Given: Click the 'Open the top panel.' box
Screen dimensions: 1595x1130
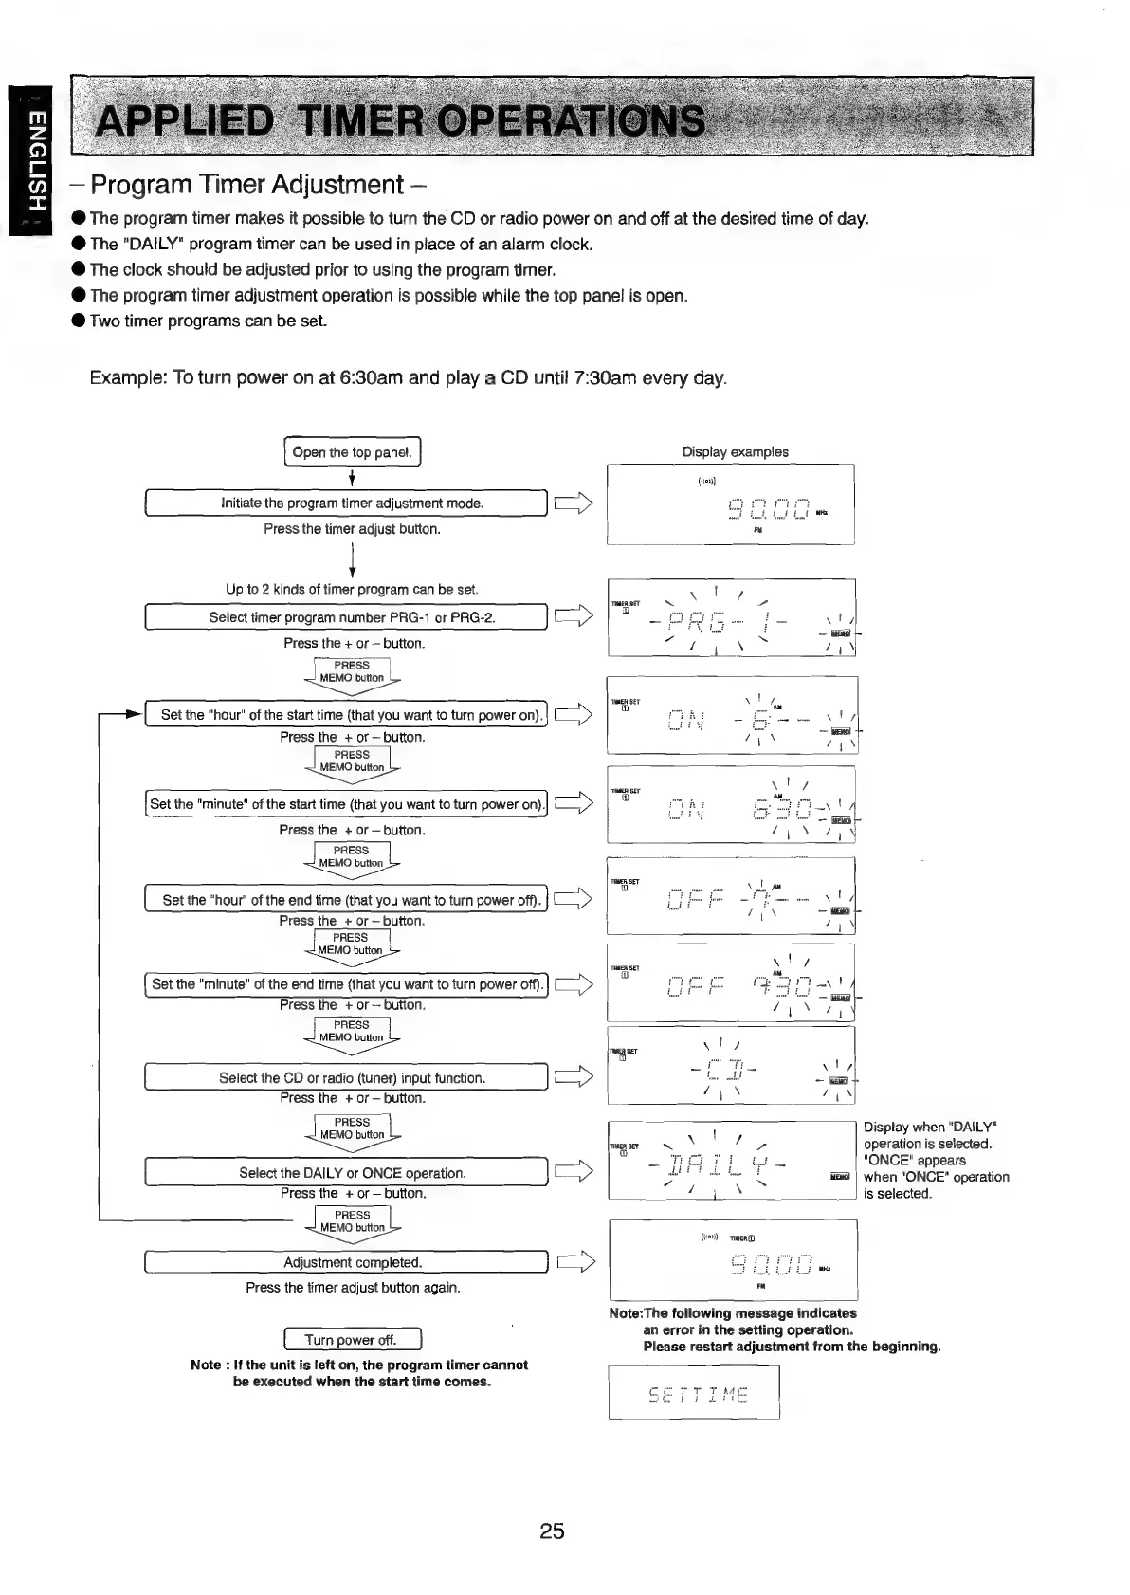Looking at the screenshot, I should coord(352,452).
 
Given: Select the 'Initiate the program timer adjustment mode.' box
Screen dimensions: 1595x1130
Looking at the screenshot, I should coord(347,504).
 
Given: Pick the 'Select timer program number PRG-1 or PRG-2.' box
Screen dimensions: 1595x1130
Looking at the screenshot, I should coord(347,617).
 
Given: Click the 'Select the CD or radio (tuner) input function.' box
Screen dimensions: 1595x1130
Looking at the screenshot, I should coord(347,1078).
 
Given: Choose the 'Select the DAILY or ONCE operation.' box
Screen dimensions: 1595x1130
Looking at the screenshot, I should coord(347,1173).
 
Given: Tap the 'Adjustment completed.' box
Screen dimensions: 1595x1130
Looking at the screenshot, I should coord(347,1262).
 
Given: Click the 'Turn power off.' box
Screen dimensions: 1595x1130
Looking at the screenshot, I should coord(352,1340).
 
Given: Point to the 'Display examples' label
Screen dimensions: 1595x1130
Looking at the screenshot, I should coord(735,452).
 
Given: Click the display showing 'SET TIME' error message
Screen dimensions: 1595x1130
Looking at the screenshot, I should coord(693,1392).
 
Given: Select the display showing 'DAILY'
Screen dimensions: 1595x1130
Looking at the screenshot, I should coord(731,1161).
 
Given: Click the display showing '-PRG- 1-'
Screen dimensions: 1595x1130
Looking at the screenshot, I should coord(731,618).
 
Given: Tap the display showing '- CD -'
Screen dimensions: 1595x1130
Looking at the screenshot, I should coord(731,1068).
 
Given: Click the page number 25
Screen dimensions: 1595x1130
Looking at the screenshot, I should coord(552,1531).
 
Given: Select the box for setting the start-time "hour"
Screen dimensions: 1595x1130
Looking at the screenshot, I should coord(347,715).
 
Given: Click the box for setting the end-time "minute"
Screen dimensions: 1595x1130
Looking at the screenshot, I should coord(347,984).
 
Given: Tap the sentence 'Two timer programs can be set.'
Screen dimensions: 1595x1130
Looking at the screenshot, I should coord(209,321).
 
